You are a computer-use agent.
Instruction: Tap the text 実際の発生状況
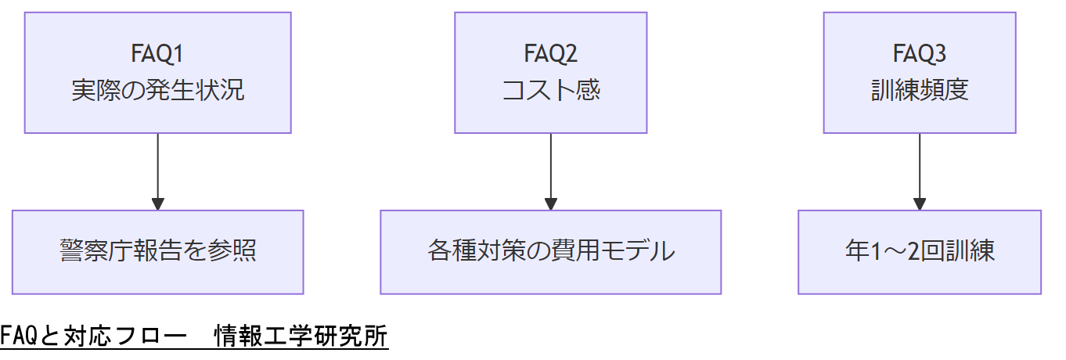tap(158, 91)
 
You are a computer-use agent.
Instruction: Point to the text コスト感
tap(551, 91)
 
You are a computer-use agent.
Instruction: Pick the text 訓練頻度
tap(920, 91)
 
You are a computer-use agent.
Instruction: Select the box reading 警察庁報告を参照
tap(158, 252)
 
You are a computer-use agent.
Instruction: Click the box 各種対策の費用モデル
tap(551, 252)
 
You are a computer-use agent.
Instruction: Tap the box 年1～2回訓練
tap(920, 252)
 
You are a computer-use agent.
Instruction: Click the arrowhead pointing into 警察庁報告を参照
tap(158, 203)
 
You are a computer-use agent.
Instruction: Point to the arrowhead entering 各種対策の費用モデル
tap(551, 203)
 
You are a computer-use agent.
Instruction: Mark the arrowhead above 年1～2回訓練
tap(920, 203)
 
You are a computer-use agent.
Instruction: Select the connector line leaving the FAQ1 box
tap(158, 164)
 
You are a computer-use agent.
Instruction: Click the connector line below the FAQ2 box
tap(551, 164)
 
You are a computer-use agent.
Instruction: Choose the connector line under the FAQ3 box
tap(920, 164)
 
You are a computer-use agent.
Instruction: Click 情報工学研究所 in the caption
tap(301, 337)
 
